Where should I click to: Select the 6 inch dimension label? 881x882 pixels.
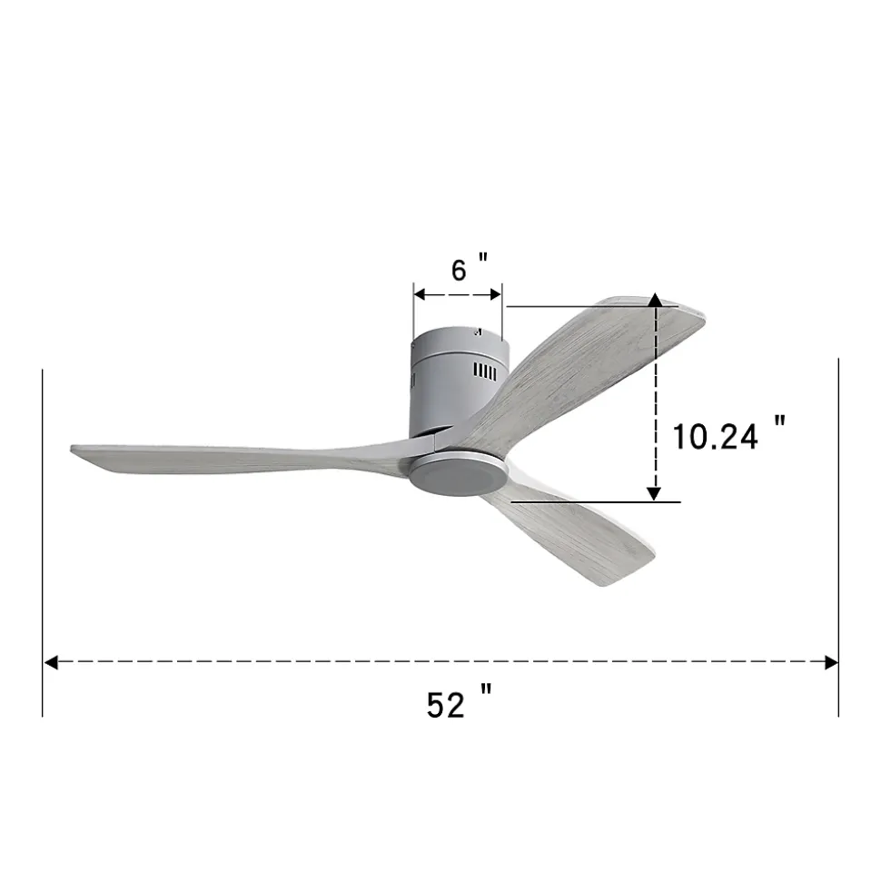tap(470, 268)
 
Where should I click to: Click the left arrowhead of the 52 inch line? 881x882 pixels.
tap(51, 662)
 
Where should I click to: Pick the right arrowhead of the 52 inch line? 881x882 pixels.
tap(831, 662)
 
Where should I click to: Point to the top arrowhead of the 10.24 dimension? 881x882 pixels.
tap(655, 300)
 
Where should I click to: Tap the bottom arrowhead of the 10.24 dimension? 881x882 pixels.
tap(653, 493)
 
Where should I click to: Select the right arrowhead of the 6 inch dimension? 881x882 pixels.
tap(495, 294)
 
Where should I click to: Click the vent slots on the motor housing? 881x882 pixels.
tap(485, 372)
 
